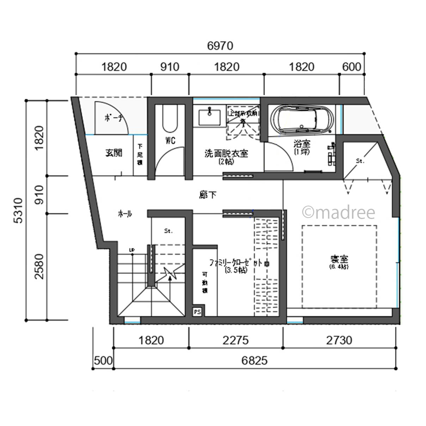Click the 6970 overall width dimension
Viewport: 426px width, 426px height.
pyautogui.click(x=220, y=46)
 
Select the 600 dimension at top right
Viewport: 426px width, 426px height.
pyautogui.click(x=352, y=67)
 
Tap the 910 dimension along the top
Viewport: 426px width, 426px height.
pyautogui.click(x=170, y=67)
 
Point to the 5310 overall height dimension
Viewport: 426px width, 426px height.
pyautogui.click(x=18, y=210)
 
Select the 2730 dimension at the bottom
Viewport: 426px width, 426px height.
pyautogui.click(x=339, y=340)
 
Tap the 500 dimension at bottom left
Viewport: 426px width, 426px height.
pyautogui.click(x=103, y=361)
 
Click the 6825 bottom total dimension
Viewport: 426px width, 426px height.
pyautogui.click(x=254, y=361)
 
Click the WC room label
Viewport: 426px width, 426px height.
pyautogui.click(x=170, y=141)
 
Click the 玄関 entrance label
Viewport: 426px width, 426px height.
pyautogui.click(x=114, y=153)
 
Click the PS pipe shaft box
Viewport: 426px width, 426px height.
pyautogui.click(x=197, y=312)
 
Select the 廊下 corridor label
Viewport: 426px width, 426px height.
pyautogui.click(x=208, y=195)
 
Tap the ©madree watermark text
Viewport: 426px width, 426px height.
pyautogui.click(x=339, y=213)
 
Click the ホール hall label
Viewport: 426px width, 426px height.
pyautogui.click(x=125, y=214)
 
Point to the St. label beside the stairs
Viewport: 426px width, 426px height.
pyautogui.click(x=168, y=231)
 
